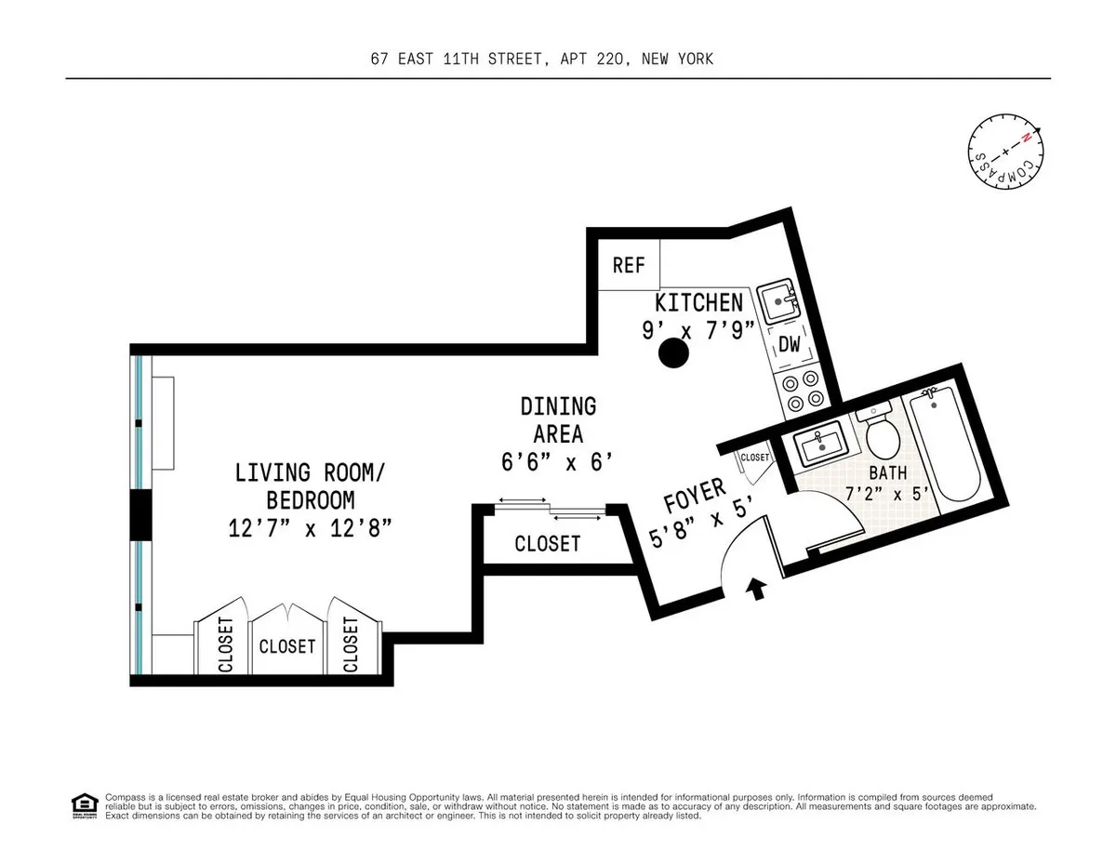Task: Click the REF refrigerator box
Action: [x=629, y=265]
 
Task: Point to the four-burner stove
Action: [x=802, y=390]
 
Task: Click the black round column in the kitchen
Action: [x=672, y=352]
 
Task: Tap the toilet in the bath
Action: [x=878, y=433]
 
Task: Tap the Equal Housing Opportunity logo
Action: [x=84, y=805]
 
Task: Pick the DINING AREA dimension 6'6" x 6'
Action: [x=558, y=460]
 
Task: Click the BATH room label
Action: [x=887, y=472]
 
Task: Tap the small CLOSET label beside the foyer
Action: [x=754, y=458]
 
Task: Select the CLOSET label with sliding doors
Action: [x=547, y=543]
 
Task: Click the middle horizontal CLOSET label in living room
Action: [x=287, y=645]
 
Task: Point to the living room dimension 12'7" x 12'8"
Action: [x=309, y=528]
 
